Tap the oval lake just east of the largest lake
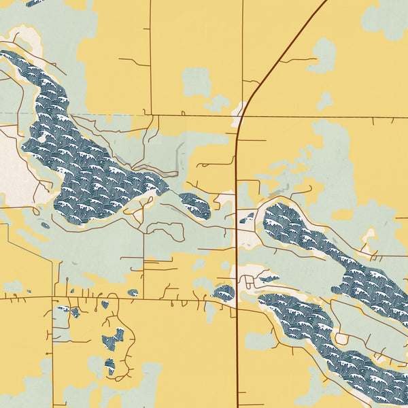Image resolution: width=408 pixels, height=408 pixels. pyautogui.click(x=196, y=205)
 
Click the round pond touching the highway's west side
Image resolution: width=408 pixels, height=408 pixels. pyautogui.click(x=224, y=293)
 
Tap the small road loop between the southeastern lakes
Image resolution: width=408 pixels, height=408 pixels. pyautogui.click(x=341, y=338)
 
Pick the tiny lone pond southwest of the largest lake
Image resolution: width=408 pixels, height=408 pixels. pyautogui.click(x=45, y=225)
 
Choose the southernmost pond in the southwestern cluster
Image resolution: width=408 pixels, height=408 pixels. pyautogui.click(x=109, y=367)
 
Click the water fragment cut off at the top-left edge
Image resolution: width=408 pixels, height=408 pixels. pyautogui.click(x=34, y=3)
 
